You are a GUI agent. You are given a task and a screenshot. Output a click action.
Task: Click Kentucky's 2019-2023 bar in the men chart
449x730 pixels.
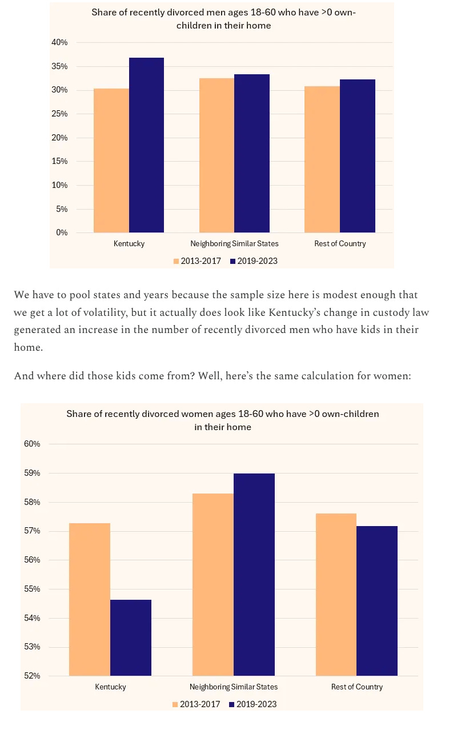click(146, 145)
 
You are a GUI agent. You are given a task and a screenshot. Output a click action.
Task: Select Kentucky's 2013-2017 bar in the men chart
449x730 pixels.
click(111, 161)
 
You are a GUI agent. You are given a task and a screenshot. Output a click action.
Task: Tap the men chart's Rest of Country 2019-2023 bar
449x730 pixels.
click(358, 156)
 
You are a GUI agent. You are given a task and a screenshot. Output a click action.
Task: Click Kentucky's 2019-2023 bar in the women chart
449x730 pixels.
click(131, 637)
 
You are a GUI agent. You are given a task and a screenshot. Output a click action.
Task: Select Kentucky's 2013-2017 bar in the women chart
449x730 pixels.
click(90, 599)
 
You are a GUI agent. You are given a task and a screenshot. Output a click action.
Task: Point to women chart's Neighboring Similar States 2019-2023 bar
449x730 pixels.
click(254, 575)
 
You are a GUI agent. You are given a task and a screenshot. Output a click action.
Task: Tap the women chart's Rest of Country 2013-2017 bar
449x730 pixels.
click(336, 595)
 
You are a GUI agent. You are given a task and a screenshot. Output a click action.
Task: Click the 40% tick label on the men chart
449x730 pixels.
click(59, 42)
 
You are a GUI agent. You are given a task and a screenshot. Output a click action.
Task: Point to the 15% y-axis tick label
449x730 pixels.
click(59, 162)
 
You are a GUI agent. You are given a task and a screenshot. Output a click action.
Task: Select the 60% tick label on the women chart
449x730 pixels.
click(32, 444)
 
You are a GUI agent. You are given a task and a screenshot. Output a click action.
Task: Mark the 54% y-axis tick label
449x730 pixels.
click(32, 618)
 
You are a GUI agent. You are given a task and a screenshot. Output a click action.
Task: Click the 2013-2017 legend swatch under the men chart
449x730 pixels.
click(176, 262)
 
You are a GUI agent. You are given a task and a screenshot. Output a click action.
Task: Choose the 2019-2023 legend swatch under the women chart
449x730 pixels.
click(232, 705)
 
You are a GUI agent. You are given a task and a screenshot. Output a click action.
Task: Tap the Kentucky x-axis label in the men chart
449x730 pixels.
click(129, 244)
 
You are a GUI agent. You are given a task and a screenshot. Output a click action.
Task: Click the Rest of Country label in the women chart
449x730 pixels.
click(357, 687)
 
